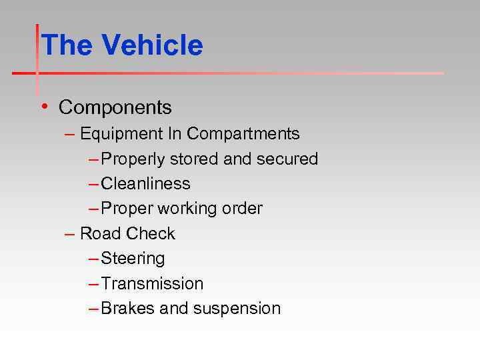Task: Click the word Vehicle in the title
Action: click(x=152, y=45)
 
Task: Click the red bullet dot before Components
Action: click(x=43, y=106)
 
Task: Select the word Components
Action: click(x=115, y=107)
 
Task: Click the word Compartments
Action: click(x=243, y=134)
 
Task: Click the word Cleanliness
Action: click(x=145, y=184)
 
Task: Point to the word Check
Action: click(x=151, y=234)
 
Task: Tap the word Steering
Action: click(x=133, y=259)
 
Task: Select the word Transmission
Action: click(x=152, y=284)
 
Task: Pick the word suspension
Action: click(x=237, y=309)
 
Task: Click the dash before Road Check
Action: click(x=69, y=234)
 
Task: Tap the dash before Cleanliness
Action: click(x=93, y=184)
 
